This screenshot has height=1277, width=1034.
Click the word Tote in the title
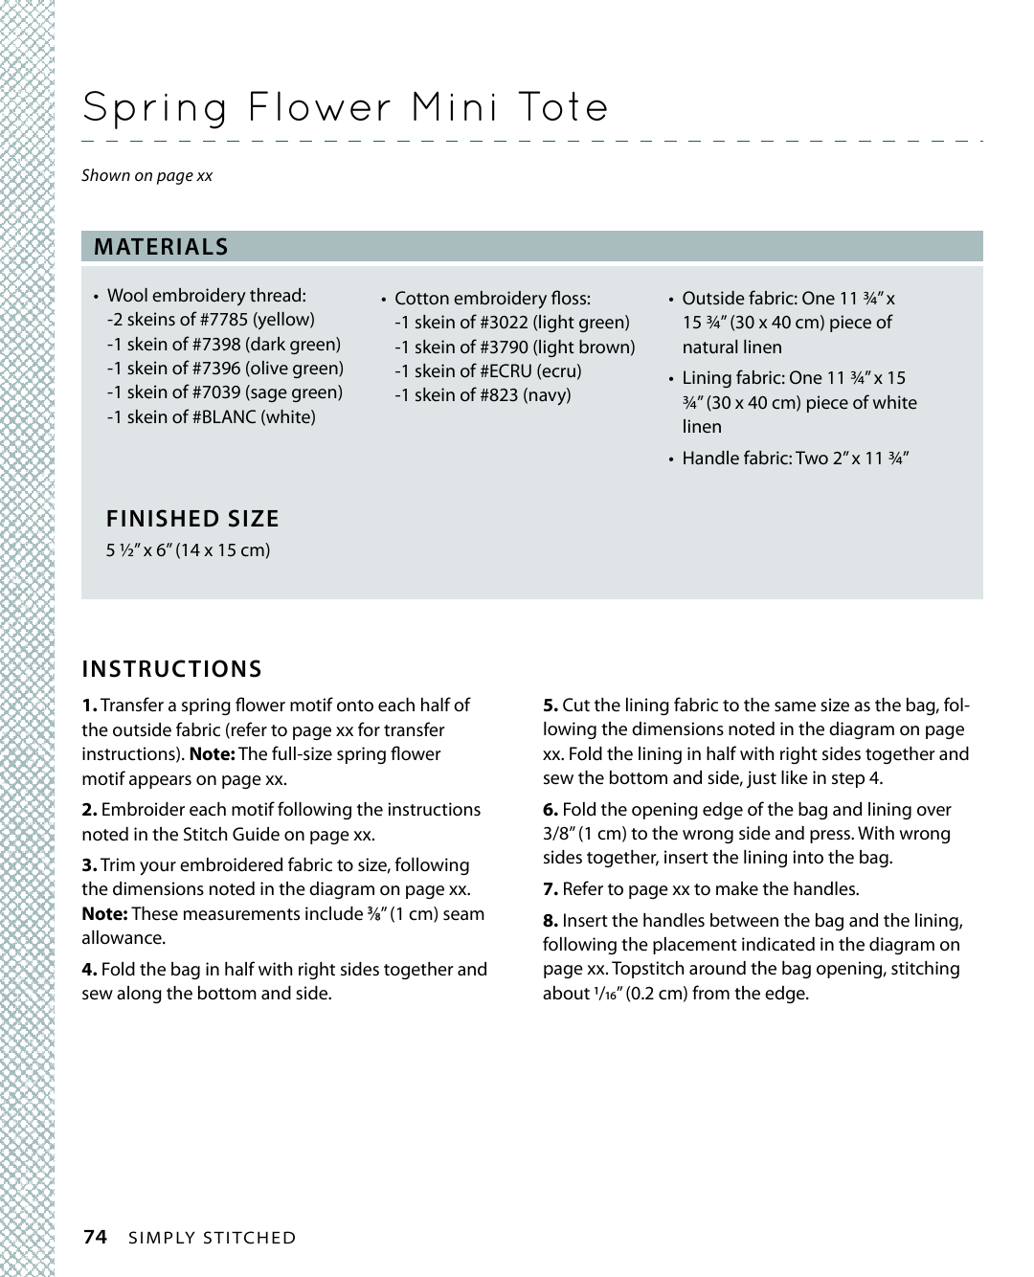(x=563, y=107)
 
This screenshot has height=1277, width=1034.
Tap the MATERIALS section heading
(x=161, y=247)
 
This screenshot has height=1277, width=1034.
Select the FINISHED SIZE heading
(x=192, y=519)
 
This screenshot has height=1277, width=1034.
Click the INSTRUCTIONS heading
(x=172, y=669)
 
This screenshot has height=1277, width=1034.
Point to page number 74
(x=95, y=1237)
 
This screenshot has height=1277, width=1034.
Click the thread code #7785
(x=224, y=320)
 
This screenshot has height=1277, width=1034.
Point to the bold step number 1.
(x=89, y=706)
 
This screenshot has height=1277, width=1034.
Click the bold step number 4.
(x=89, y=970)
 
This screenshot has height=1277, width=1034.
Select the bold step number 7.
(x=551, y=889)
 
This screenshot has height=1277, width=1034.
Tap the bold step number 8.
(x=551, y=921)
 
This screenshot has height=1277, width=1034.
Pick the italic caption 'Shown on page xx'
(x=146, y=175)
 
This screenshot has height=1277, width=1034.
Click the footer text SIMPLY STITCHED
(x=213, y=1238)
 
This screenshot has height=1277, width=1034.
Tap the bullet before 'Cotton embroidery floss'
(x=383, y=300)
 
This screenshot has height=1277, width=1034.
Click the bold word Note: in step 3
(x=104, y=914)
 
